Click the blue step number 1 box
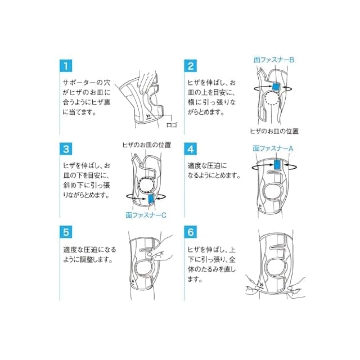(x=66, y=66)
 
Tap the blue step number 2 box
(x=191, y=66)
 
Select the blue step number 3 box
(x=66, y=148)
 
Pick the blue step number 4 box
(x=191, y=148)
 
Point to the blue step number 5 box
(x=66, y=232)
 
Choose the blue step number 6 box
(x=191, y=232)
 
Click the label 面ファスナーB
(x=274, y=60)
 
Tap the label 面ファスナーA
(x=273, y=148)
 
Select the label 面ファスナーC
(x=146, y=215)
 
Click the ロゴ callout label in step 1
(x=172, y=125)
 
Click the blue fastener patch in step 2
(x=276, y=86)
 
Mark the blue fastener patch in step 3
(x=151, y=199)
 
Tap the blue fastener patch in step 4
(x=277, y=165)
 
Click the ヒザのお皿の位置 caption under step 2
(x=274, y=131)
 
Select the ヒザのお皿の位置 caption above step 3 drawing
(x=147, y=145)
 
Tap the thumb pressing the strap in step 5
(x=150, y=254)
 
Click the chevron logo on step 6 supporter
(x=261, y=285)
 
